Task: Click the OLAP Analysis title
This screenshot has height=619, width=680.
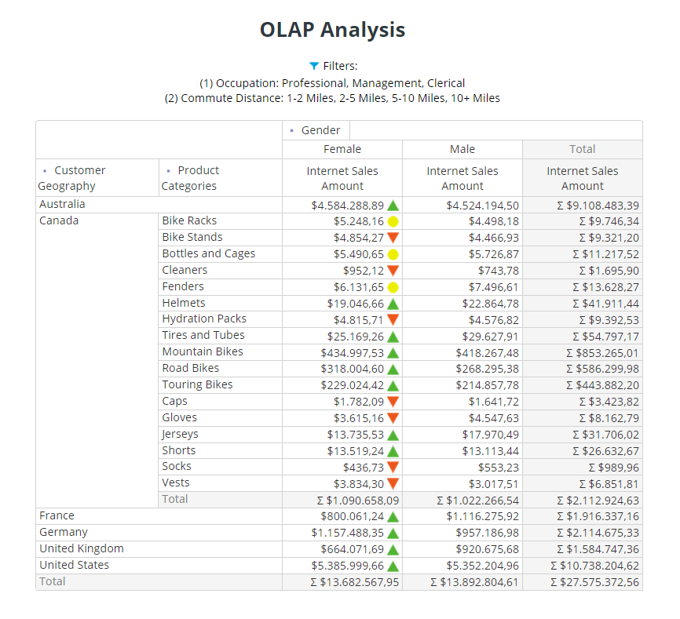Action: (x=332, y=30)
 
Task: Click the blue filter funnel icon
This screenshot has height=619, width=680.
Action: (x=314, y=66)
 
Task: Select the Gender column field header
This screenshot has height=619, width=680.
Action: (x=320, y=130)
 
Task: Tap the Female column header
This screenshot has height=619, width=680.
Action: (x=342, y=149)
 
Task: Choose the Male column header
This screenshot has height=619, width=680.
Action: (x=462, y=149)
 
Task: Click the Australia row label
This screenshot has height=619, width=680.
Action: (x=62, y=204)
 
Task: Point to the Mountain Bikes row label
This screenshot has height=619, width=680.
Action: (x=203, y=351)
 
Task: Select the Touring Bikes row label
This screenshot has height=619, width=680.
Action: (x=197, y=384)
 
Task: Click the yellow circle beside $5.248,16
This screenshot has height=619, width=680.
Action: (x=393, y=221)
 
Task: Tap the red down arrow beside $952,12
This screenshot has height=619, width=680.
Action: (x=393, y=271)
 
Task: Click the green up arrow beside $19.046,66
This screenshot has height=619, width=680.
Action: (x=393, y=304)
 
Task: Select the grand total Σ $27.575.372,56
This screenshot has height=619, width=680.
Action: (x=594, y=582)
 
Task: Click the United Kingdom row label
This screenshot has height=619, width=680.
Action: (x=82, y=548)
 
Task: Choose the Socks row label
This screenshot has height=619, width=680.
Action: (x=176, y=466)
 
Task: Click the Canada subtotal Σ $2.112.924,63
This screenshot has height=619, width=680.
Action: (x=598, y=501)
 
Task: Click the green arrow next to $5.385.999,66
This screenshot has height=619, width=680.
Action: (x=393, y=566)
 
